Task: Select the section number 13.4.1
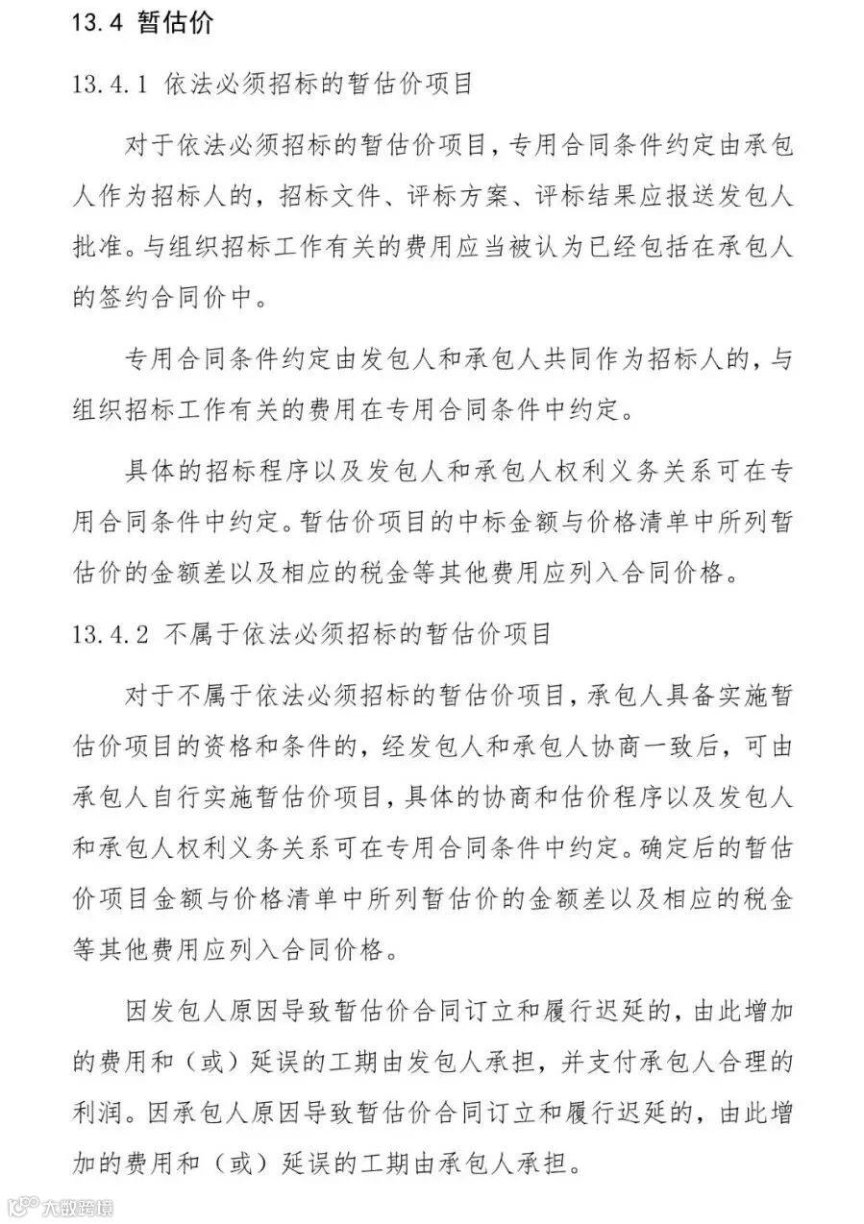(x=108, y=84)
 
